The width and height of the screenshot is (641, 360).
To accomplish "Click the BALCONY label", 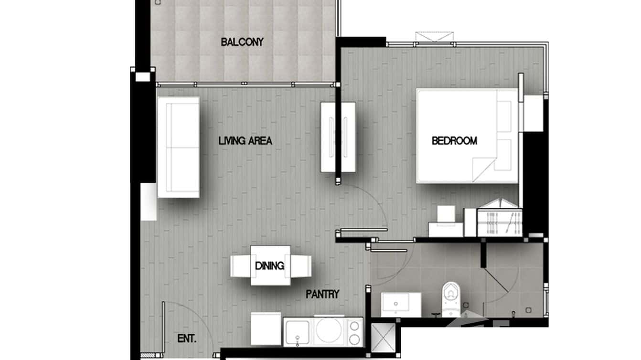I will (x=242, y=42).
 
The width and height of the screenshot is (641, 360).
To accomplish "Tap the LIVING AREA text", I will (x=245, y=141).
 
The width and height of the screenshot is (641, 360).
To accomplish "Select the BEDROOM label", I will (x=454, y=141).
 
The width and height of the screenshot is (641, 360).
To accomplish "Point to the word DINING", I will (x=269, y=266).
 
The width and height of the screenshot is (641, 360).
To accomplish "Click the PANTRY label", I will (x=322, y=294).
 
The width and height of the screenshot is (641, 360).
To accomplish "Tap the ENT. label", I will (x=187, y=339).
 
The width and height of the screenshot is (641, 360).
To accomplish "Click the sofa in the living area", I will (x=178, y=147).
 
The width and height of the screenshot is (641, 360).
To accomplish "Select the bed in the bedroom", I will (x=467, y=136).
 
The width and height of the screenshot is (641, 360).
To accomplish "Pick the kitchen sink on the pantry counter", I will (x=298, y=332).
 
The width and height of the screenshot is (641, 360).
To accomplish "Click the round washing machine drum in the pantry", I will (x=329, y=331).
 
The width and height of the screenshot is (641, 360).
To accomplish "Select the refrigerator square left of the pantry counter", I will (x=266, y=328).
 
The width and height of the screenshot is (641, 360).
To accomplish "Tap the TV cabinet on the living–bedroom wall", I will (x=338, y=137).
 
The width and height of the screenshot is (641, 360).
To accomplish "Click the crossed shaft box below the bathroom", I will (x=383, y=339).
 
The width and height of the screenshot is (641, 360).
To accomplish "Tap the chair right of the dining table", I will (x=301, y=266).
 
